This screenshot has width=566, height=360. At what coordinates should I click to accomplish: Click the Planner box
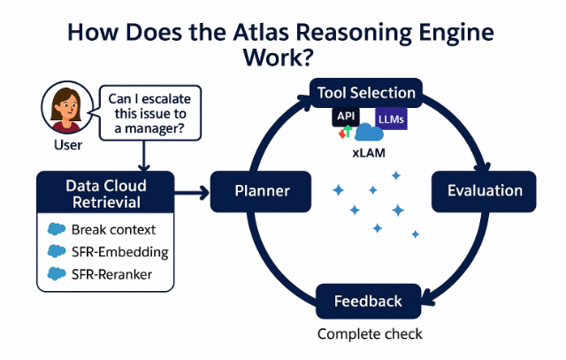(261, 191)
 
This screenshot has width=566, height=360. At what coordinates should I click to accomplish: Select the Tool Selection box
(366, 93)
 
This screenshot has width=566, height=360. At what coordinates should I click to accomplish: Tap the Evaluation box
(484, 191)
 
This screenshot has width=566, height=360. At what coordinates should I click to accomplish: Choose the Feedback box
(368, 301)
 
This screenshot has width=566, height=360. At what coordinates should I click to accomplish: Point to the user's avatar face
(67, 107)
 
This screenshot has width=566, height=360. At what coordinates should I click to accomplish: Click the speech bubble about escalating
(149, 113)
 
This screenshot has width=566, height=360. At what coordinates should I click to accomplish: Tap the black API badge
(346, 117)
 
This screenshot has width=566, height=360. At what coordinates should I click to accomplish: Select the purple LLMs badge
(391, 119)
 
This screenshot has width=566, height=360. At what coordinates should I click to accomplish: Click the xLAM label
(369, 153)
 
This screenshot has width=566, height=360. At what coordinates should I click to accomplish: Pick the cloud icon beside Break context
(57, 229)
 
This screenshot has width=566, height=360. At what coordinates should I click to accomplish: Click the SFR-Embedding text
(120, 252)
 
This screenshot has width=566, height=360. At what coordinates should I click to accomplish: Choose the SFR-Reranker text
(111, 274)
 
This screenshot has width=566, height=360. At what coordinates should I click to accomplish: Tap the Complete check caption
(370, 334)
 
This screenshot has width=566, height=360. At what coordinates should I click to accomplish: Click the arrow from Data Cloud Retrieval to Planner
(192, 193)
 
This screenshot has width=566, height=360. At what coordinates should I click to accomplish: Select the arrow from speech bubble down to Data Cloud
(143, 156)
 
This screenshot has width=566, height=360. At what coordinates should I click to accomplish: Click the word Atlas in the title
(261, 33)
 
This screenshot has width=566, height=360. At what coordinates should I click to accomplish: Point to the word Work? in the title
(278, 57)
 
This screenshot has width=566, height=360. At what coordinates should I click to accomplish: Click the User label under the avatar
(68, 145)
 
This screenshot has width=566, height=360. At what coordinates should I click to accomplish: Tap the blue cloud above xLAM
(369, 132)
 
